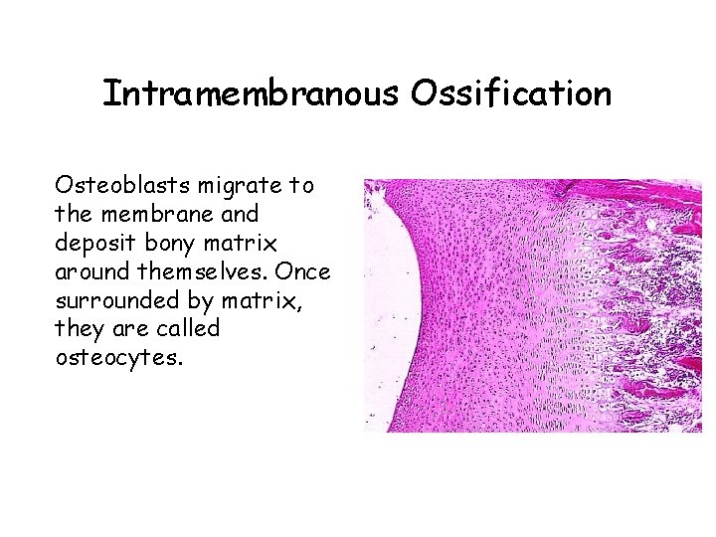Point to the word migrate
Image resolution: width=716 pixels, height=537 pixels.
[x=233, y=185]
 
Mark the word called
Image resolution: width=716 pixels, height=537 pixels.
[x=187, y=329]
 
